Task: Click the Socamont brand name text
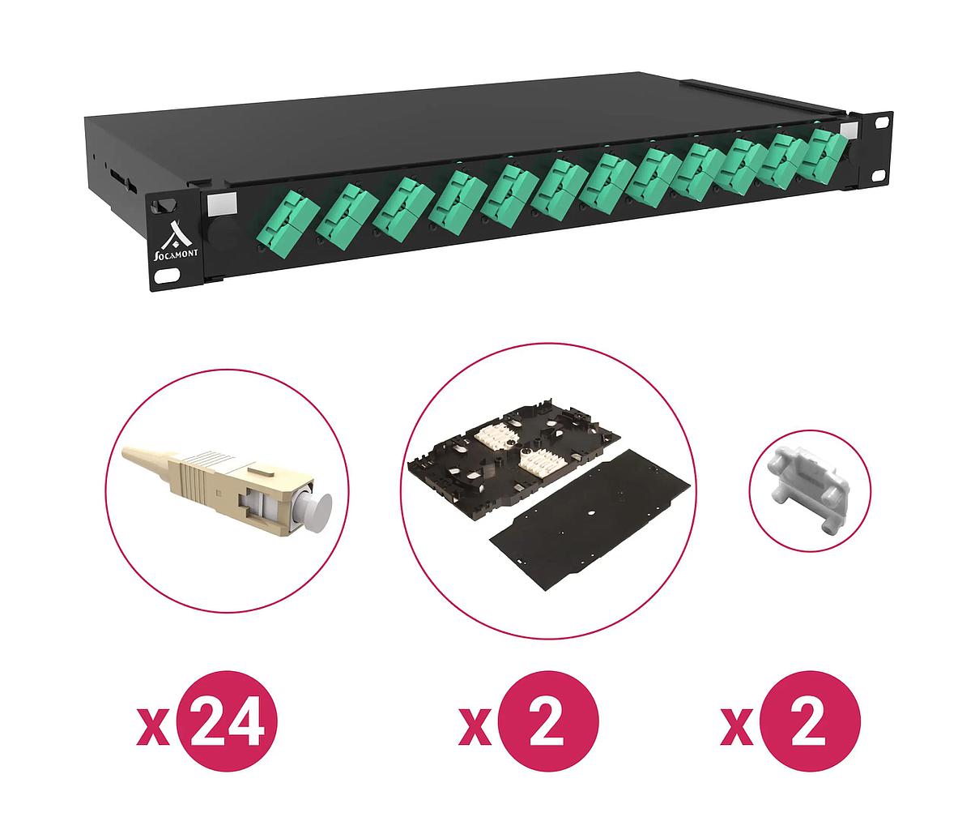point(177,255)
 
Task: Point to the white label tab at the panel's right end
point(849,130)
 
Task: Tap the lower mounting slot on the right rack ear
point(879,175)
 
